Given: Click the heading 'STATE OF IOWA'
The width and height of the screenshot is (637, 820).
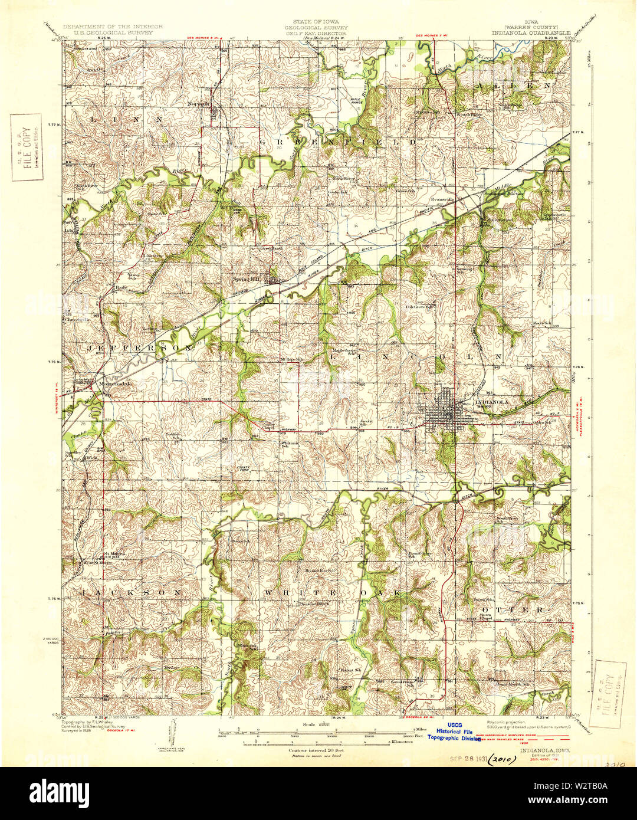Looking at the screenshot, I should pyautogui.click(x=317, y=22).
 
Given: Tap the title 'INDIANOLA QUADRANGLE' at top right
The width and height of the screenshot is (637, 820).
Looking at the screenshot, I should pyautogui.click(x=523, y=33).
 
